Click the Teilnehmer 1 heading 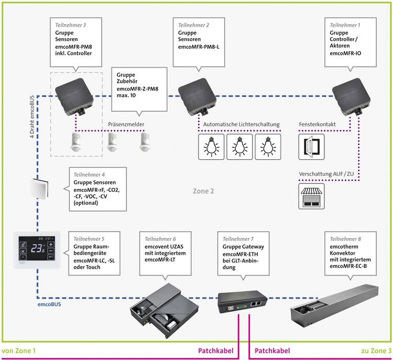[345, 25]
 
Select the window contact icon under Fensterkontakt [311, 146]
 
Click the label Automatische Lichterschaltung [242, 124]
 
